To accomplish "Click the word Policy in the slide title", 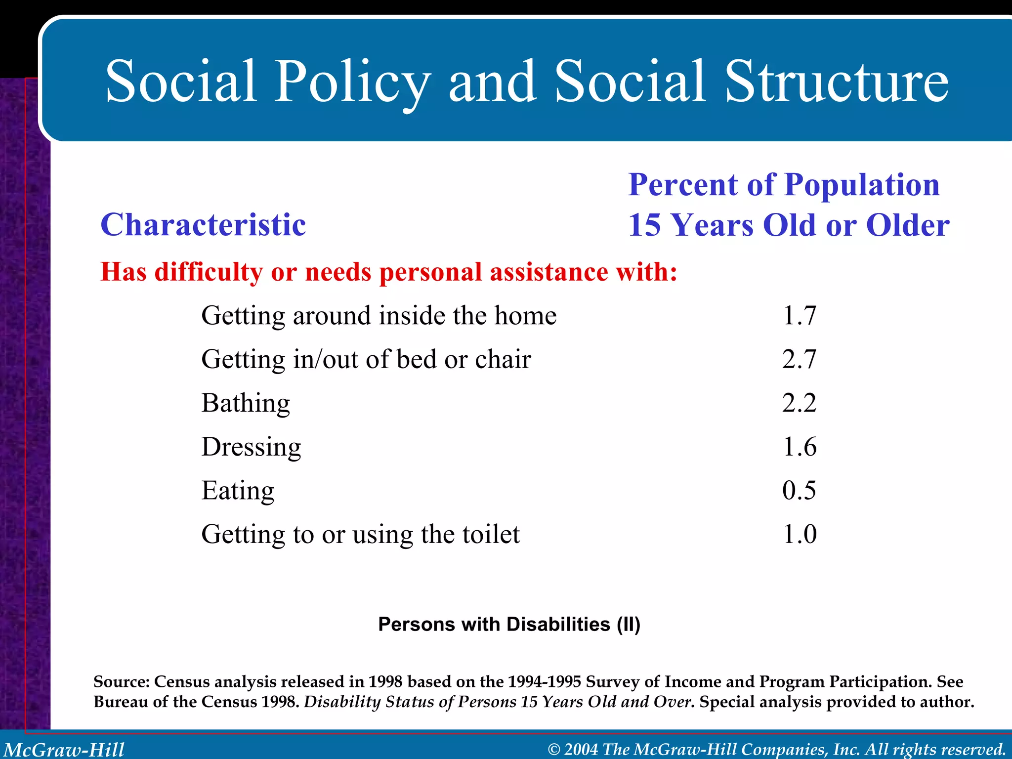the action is click(x=352, y=82).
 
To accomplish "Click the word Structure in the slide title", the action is click(x=836, y=82).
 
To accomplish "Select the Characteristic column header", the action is click(x=203, y=225).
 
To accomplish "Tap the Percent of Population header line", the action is click(x=784, y=185).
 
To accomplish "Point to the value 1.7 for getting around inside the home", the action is click(x=799, y=315).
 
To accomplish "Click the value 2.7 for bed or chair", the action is click(x=799, y=359).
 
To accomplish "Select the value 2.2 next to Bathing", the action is click(x=799, y=403).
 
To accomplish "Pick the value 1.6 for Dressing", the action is click(x=799, y=446).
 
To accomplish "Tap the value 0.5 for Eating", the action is click(x=799, y=490).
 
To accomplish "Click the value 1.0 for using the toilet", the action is click(x=799, y=534).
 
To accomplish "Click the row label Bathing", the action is click(x=246, y=403).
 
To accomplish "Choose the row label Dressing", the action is click(x=251, y=447).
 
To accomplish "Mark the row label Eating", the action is click(x=238, y=490).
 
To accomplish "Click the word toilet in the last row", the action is click(x=491, y=534).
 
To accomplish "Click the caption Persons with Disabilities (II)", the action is click(x=509, y=625).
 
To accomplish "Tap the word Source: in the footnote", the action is click(x=121, y=682).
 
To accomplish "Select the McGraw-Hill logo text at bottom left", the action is click(x=64, y=750).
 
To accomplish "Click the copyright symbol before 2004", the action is click(x=554, y=750).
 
